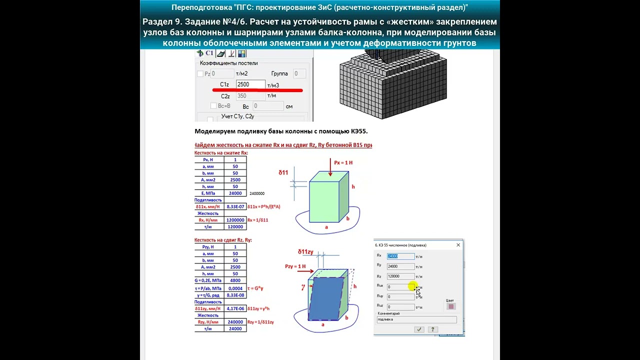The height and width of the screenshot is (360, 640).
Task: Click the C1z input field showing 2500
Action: point(250,84)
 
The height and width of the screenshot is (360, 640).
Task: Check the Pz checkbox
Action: point(200,74)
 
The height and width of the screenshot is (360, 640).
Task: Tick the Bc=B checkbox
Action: point(213,106)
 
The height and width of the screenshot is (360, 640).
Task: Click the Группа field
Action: point(299,73)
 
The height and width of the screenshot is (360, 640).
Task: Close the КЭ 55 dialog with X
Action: point(458,245)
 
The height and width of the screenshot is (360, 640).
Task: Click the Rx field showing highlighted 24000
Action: point(400,256)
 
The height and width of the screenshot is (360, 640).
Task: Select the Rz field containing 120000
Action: point(400,276)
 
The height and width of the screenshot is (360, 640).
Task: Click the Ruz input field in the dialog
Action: point(400,306)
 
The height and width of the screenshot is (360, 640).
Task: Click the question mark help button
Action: point(433,329)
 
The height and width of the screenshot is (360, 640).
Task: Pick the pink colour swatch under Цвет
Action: point(451,306)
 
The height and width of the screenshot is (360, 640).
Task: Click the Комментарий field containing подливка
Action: point(416,319)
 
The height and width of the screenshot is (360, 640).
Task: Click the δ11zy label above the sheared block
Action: point(305,251)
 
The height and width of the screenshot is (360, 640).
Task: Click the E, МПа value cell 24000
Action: point(235,193)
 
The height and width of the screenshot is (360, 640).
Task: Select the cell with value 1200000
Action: point(235,220)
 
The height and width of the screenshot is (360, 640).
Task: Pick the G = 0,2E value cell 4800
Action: point(235,281)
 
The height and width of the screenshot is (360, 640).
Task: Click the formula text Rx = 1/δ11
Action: point(258,220)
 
